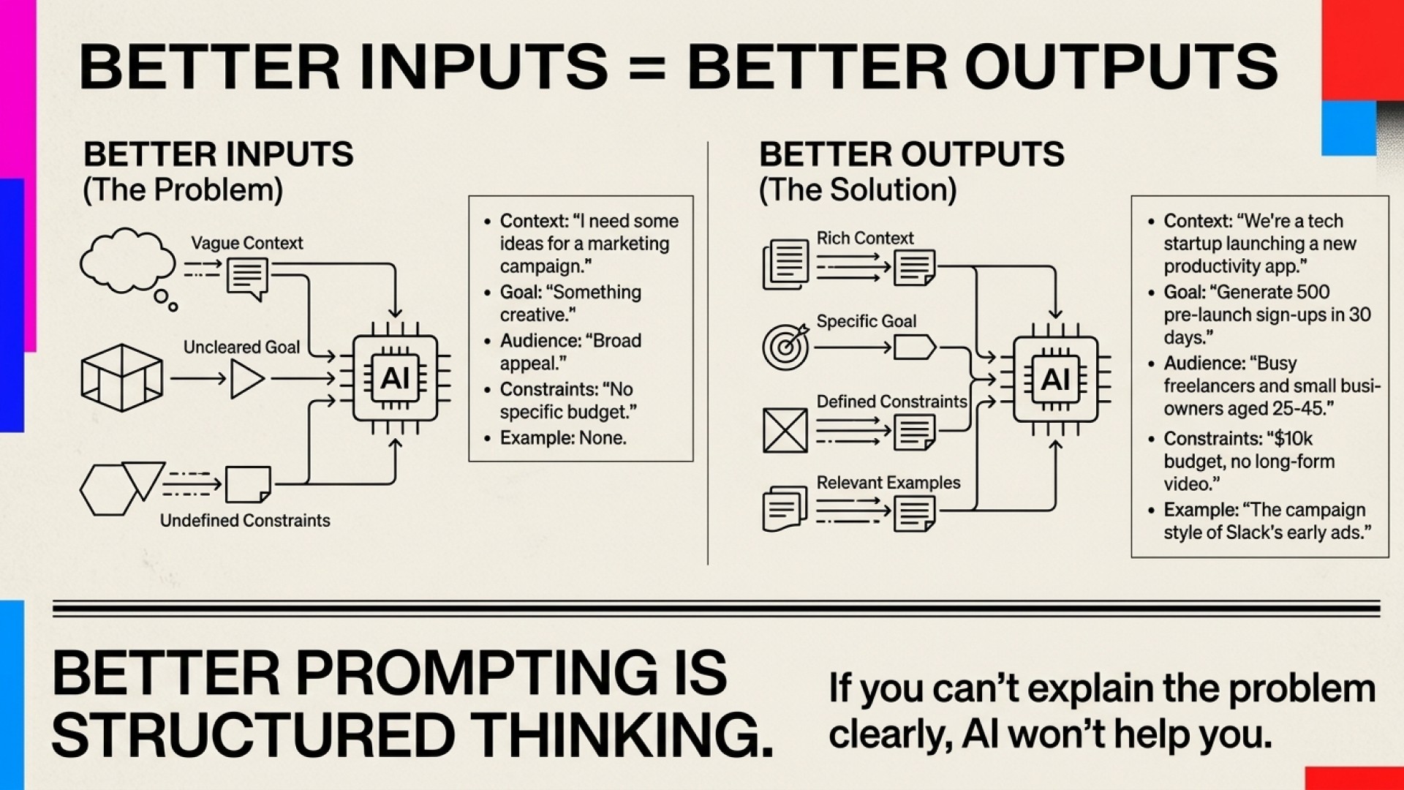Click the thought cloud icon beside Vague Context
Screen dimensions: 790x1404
coord(127,260)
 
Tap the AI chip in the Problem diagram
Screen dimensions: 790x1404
coord(396,378)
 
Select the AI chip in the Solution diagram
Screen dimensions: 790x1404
coord(1055,379)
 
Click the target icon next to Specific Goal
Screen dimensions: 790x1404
coord(785,346)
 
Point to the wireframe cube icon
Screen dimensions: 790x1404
coord(121,377)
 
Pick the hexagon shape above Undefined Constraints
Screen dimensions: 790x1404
coord(107,490)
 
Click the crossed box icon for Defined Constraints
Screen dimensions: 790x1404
coord(785,430)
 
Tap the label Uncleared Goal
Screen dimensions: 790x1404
coord(241,347)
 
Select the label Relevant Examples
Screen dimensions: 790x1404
coord(888,483)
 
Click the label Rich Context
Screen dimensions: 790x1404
coord(864,238)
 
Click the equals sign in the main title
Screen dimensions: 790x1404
coord(646,67)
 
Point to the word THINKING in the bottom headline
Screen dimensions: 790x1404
coord(621,735)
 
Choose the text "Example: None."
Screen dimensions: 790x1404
coord(563,438)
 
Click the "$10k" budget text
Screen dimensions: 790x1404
coord(1293,439)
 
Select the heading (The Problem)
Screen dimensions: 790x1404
coord(183,190)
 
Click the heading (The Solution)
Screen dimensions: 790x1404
coord(858,190)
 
